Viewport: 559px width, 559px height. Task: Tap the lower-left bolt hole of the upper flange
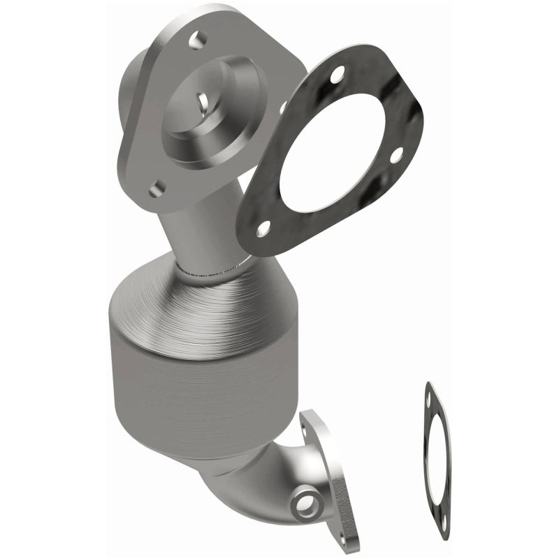pos(157,187)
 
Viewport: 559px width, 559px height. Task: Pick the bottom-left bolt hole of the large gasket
pos(263,228)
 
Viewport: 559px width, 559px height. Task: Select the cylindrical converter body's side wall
pos(175,398)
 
